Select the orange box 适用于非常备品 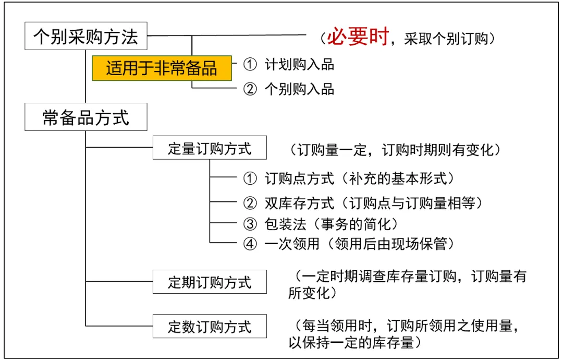click(162, 68)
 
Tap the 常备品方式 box click(85, 118)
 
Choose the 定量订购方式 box click(210, 149)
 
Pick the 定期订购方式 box click(210, 282)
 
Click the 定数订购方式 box click(210, 327)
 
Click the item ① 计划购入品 click(289, 64)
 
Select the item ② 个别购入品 click(289, 89)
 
